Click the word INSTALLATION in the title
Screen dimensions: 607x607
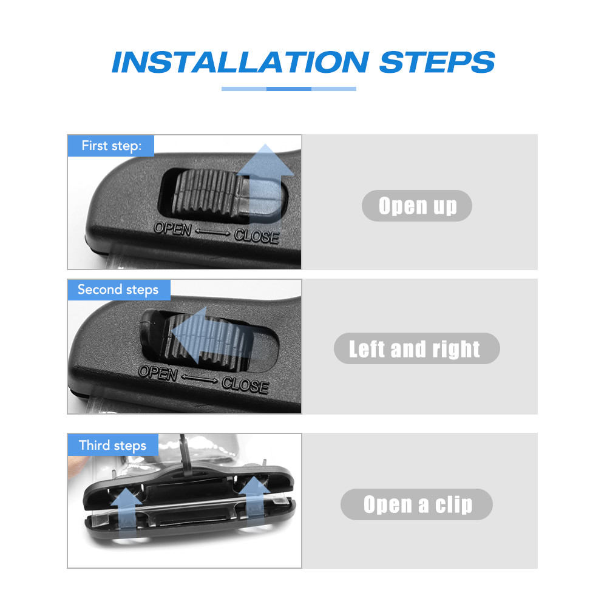(x=240, y=62)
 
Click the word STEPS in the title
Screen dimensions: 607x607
(x=438, y=62)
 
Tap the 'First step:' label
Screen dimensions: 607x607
(x=111, y=146)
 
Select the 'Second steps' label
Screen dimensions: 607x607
(x=119, y=290)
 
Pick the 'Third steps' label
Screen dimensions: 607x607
(x=113, y=445)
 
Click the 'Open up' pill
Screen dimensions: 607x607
(x=417, y=206)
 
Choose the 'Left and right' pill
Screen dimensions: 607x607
(x=417, y=348)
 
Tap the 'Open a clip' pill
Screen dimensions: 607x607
(x=416, y=504)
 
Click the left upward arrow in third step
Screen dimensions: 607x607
(x=126, y=510)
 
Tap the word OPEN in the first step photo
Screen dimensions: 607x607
(x=172, y=228)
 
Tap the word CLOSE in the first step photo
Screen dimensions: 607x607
(x=257, y=236)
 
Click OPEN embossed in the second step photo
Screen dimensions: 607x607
(x=158, y=373)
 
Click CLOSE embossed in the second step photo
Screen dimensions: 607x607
(x=245, y=385)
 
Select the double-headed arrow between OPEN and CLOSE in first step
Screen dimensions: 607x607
(x=212, y=232)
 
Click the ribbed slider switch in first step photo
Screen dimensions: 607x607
(x=228, y=195)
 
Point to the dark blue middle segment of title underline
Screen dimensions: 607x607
(x=289, y=89)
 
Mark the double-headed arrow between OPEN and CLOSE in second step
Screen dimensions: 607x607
(x=200, y=379)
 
